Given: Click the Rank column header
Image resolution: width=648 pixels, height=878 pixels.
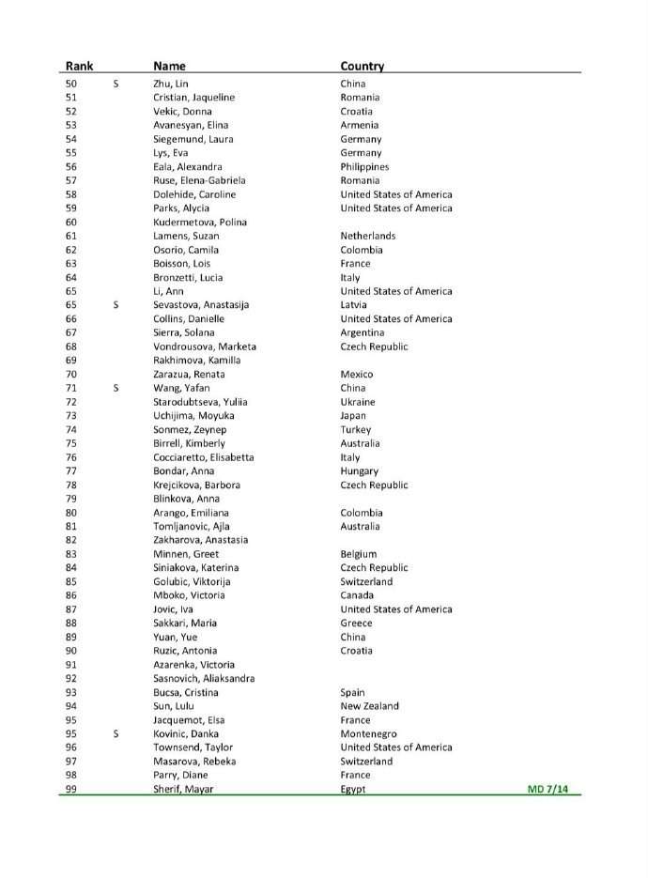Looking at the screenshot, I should (77, 66).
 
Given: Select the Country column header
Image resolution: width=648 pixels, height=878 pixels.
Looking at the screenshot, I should (363, 66).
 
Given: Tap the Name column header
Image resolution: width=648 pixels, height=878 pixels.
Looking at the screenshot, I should (169, 66).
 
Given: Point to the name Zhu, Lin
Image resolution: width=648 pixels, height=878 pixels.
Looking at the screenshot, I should (170, 84).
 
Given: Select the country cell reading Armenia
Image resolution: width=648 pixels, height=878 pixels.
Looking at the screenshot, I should (360, 125).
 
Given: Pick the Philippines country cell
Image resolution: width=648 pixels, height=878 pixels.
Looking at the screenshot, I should (364, 166).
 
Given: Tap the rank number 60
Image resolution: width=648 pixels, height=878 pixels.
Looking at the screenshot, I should (71, 222).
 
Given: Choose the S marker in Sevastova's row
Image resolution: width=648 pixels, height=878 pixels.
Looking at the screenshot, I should (116, 304).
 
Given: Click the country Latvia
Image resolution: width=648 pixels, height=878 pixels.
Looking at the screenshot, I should (354, 304).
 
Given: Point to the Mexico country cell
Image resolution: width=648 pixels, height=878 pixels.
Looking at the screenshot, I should (357, 374).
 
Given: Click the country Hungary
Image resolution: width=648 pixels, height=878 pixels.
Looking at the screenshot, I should (360, 470).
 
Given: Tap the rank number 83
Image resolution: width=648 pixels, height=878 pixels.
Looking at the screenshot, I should (71, 554).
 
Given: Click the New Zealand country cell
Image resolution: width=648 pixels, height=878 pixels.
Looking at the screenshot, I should (369, 705).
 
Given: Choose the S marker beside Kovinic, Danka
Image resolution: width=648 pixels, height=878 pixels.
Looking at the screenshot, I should (116, 733).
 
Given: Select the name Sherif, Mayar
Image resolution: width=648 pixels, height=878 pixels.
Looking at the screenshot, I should (183, 789).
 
